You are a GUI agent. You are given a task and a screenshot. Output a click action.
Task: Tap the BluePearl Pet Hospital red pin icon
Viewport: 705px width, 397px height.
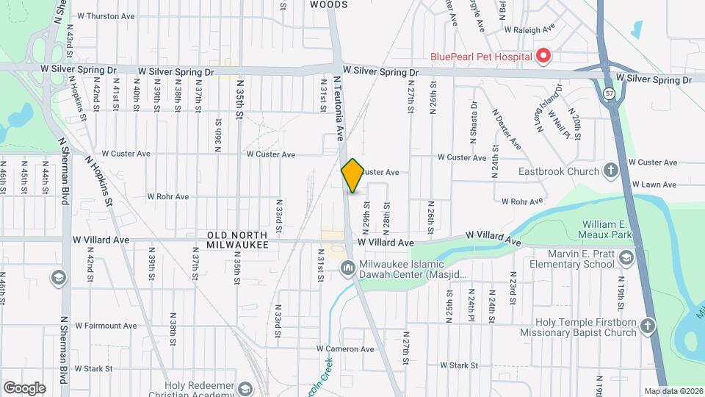tap(543, 55)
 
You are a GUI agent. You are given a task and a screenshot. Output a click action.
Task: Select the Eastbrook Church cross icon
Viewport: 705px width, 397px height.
tap(610, 171)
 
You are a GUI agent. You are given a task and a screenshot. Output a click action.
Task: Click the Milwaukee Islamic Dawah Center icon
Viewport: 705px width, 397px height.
tap(347, 268)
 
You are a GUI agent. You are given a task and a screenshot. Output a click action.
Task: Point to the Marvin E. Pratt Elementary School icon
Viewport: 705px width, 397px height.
tap(624, 257)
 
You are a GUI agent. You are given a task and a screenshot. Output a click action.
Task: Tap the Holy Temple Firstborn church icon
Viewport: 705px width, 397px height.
tap(647, 325)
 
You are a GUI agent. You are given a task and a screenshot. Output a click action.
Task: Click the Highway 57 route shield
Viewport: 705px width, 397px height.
tap(610, 94)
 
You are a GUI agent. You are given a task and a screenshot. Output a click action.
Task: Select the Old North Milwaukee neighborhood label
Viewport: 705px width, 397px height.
tap(236, 239)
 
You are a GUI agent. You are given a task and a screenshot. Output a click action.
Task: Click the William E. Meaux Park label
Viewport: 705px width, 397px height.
tap(607, 229)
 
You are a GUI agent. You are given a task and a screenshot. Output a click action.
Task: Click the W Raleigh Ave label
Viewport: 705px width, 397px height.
tap(532, 30)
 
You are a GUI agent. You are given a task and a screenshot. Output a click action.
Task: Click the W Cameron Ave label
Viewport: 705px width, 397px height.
tap(345, 349)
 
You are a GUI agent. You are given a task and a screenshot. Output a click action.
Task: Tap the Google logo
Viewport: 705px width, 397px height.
tap(24, 388)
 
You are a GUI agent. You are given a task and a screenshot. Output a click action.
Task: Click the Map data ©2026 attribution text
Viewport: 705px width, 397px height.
tap(673, 391)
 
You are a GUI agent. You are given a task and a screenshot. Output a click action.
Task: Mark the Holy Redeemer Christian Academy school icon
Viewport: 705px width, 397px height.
tap(246, 387)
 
